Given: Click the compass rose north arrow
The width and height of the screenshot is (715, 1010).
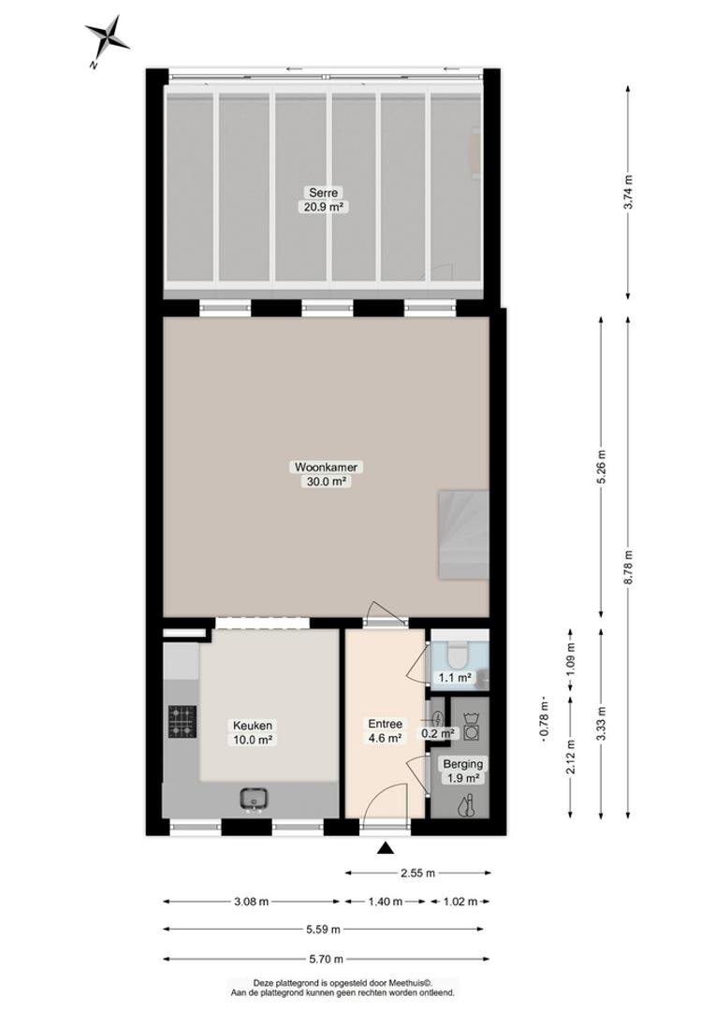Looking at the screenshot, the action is (x=107, y=38).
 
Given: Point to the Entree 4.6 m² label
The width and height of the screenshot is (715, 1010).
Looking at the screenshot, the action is (x=385, y=731).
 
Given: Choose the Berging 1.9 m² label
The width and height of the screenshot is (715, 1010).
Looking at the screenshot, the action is (x=462, y=771).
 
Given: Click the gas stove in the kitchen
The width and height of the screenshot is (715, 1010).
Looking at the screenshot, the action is (x=182, y=721).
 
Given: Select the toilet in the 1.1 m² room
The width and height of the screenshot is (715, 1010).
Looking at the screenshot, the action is (x=460, y=654).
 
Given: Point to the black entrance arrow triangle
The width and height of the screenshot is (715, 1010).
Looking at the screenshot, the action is (x=386, y=848).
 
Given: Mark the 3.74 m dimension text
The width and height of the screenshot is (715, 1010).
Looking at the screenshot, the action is (x=629, y=192).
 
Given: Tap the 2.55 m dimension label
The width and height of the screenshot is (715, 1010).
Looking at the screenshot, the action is (x=417, y=873).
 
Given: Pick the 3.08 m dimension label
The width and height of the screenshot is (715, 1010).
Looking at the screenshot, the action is (x=251, y=902).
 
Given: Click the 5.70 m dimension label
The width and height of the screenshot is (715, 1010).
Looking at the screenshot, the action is (x=325, y=959).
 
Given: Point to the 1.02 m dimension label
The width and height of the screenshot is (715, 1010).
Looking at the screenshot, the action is (x=460, y=902).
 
